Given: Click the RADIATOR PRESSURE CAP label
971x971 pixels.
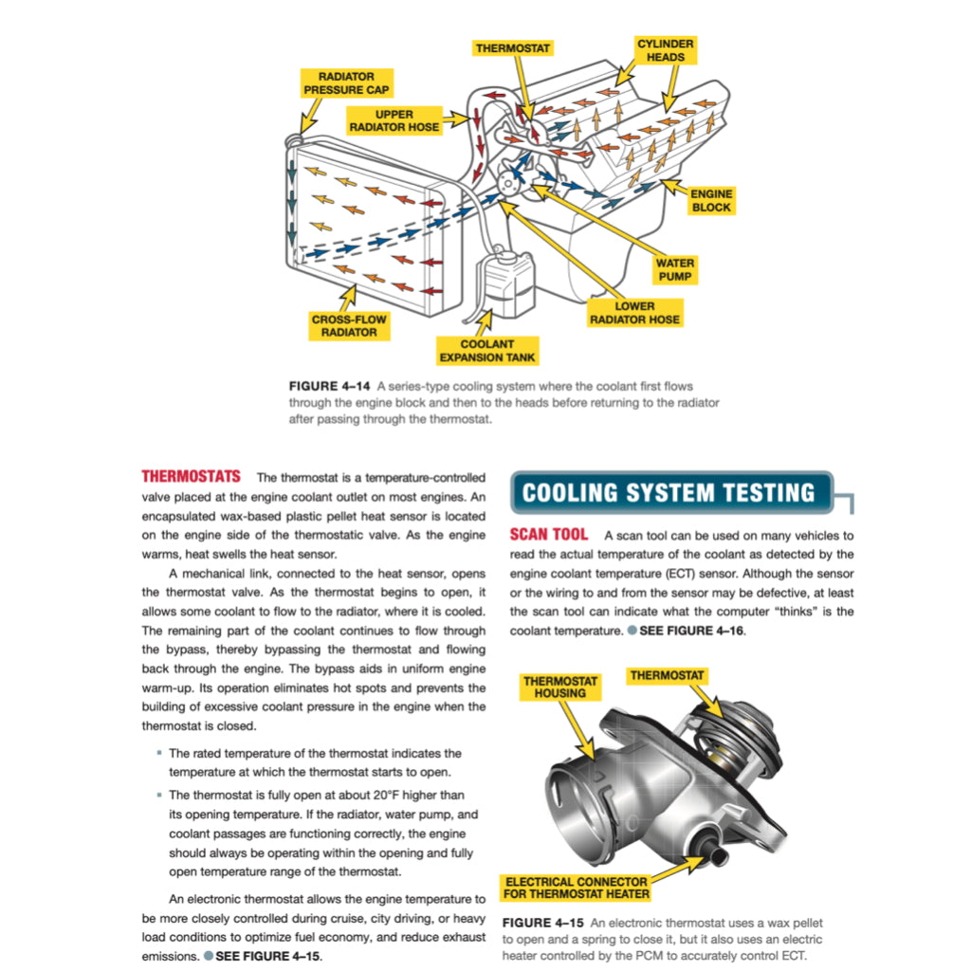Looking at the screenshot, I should click(x=346, y=82).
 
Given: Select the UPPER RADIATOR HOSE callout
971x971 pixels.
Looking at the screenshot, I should click(x=394, y=120).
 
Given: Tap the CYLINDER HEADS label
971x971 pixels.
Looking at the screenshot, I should click(x=665, y=50).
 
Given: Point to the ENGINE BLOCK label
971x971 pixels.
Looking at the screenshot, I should click(x=710, y=200).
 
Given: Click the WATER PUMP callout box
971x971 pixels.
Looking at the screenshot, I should click(x=675, y=269).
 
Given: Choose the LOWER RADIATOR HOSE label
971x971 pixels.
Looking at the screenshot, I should click(x=634, y=313).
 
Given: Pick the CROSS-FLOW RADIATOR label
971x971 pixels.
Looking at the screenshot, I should click(x=349, y=326).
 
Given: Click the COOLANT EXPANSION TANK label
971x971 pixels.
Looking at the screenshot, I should click(x=486, y=351).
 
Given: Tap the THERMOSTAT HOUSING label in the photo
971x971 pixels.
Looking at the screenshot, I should click(x=560, y=687).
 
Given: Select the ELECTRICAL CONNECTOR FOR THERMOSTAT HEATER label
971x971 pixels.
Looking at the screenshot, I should click(x=577, y=887).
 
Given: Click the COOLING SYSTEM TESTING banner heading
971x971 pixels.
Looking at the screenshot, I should click(x=669, y=493).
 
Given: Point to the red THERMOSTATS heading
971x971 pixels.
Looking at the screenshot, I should click(x=191, y=476).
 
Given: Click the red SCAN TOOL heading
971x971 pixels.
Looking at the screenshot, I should click(x=548, y=535).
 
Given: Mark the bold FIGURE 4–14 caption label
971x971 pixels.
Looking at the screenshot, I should click(x=329, y=386).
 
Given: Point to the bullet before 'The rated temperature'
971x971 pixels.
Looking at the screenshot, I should click(x=158, y=753).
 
